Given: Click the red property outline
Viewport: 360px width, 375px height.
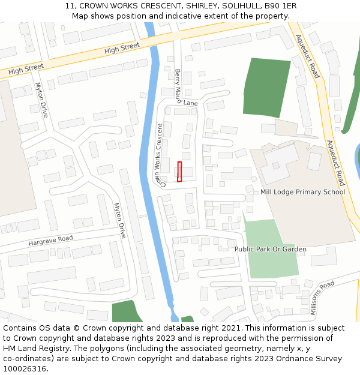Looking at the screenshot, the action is (x=179, y=172).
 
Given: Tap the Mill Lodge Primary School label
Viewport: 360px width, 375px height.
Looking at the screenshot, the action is (x=302, y=192).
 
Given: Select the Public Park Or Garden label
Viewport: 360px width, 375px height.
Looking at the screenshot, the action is (x=270, y=249).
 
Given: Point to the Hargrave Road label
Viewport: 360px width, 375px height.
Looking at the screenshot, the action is (x=50, y=241).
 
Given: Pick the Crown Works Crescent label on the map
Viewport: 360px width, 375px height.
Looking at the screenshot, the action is (x=160, y=155).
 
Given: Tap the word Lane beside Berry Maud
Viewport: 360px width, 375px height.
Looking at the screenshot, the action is (x=190, y=103).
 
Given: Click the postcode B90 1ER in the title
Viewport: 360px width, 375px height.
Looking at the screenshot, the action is (x=281, y=6).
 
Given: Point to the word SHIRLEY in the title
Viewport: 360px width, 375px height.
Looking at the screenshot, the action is (x=200, y=6).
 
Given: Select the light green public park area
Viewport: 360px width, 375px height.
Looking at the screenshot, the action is (x=272, y=264).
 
